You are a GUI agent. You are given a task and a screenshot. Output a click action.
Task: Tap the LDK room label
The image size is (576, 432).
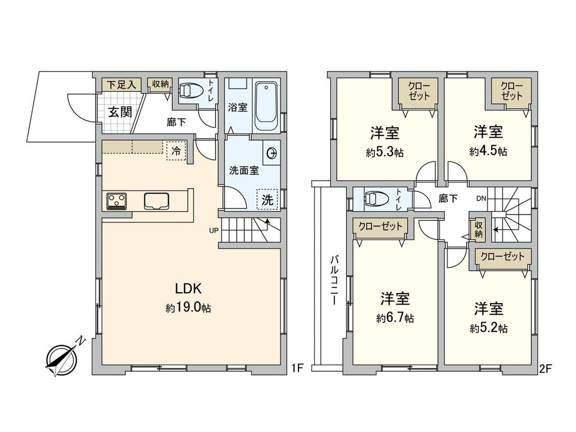click(x=188, y=289)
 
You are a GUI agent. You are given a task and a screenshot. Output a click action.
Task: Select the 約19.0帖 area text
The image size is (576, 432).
click(x=188, y=308)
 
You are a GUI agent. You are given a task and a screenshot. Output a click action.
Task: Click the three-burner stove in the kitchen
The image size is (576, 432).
click(x=117, y=201)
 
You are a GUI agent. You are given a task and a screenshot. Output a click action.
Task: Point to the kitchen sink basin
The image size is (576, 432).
click(x=157, y=201)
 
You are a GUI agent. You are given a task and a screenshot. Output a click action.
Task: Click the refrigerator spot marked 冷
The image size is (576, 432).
click(x=175, y=151)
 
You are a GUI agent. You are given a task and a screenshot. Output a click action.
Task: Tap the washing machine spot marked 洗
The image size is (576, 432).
click(x=267, y=200)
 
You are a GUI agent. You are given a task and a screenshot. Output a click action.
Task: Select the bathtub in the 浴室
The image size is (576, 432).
click(x=266, y=106)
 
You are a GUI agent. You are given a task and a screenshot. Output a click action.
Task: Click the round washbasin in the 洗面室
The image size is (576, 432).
click(x=273, y=153)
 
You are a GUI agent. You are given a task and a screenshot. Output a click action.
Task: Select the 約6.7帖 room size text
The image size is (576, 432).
click(x=395, y=318)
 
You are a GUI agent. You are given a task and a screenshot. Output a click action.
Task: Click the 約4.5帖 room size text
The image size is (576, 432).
click(x=488, y=151)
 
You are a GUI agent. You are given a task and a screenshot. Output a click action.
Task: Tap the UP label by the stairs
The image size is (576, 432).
click(x=213, y=230)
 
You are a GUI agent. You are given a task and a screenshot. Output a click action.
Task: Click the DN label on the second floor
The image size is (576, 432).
click(x=481, y=198)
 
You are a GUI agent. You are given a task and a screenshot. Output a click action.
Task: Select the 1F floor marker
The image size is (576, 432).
click(x=297, y=367)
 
